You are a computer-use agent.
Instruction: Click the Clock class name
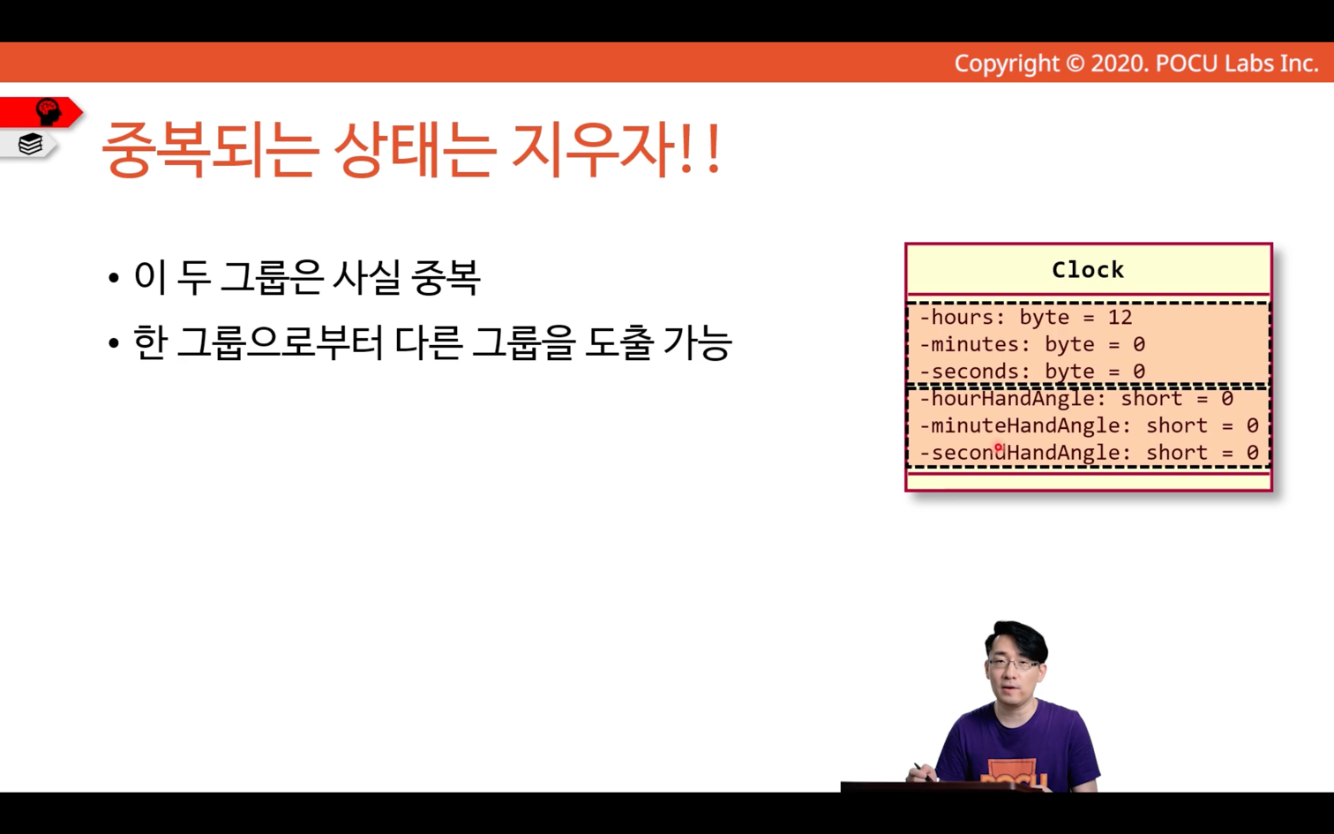click(1088, 270)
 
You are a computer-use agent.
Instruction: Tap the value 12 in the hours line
click(1120, 317)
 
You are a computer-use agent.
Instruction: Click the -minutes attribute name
click(969, 344)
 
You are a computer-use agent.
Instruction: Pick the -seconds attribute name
click(969, 372)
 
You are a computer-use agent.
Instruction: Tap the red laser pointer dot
click(999, 447)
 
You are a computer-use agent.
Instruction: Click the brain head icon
click(49, 112)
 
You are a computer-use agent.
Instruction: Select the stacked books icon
click(30, 144)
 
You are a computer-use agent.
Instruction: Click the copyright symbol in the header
click(1075, 64)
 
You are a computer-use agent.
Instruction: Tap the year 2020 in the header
click(1120, 64)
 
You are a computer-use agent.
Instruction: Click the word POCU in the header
click(1187, 64)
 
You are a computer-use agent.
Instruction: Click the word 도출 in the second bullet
click(618, 343)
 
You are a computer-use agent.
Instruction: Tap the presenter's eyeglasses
click(1014, 663)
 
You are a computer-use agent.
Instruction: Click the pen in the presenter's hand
click(924, 771)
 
